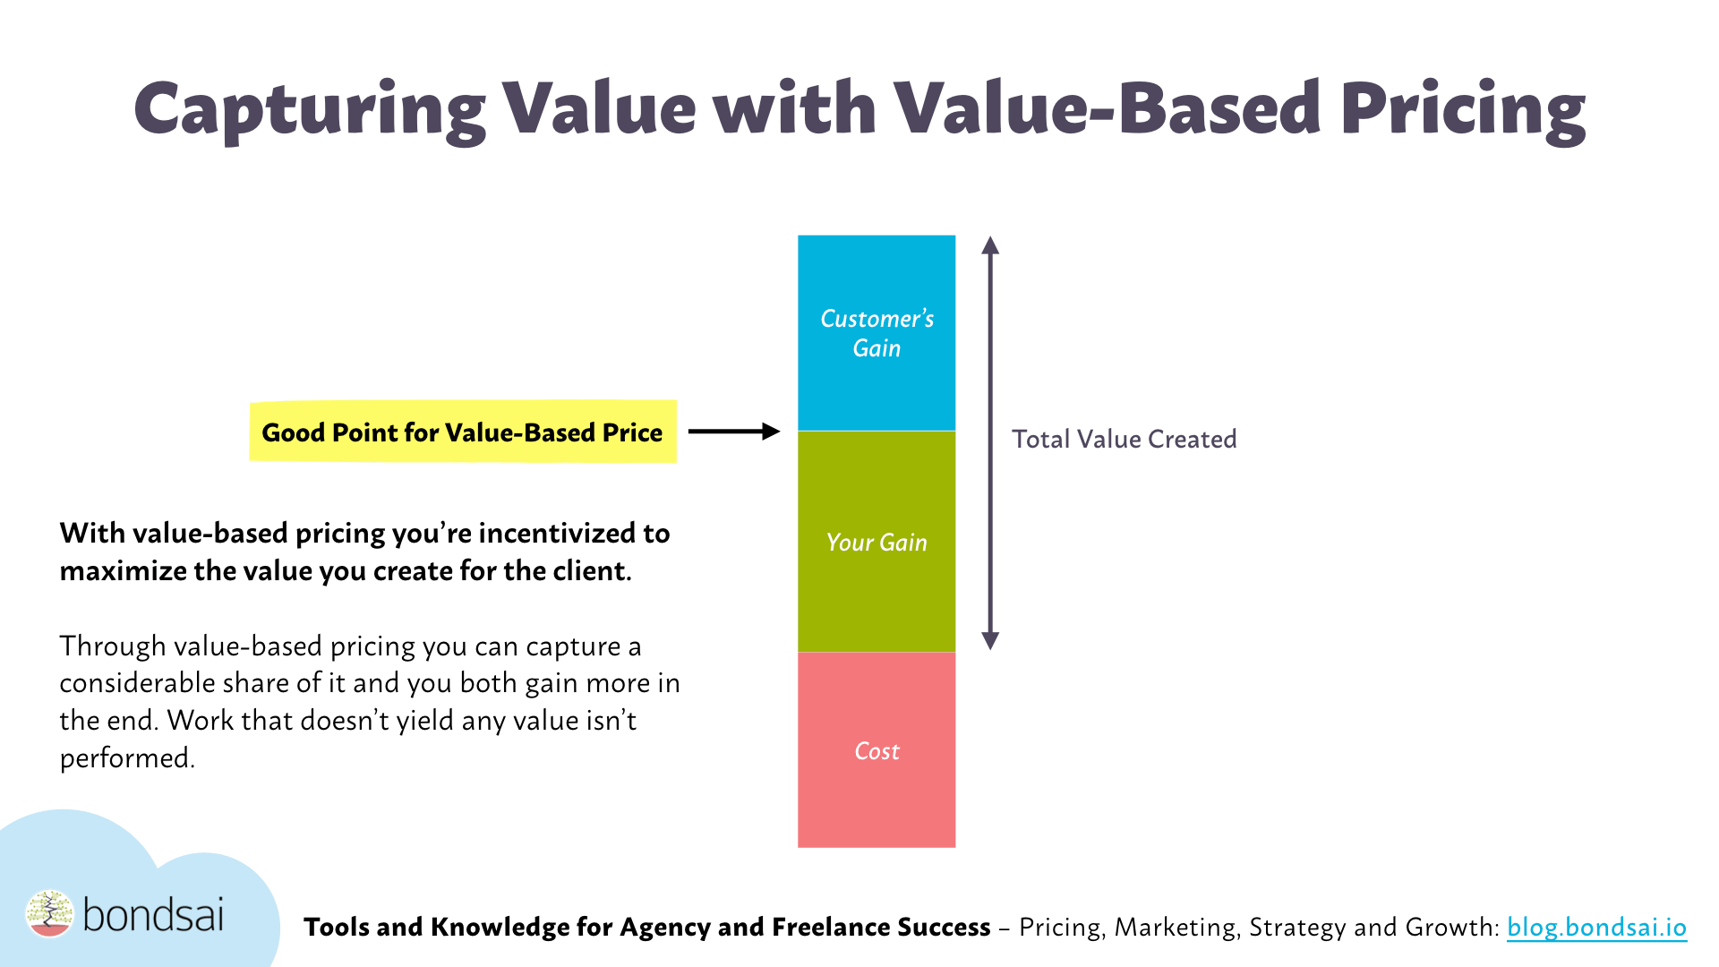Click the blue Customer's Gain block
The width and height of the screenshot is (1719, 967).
pos(877,333)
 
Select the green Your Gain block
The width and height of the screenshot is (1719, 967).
pos(877,542)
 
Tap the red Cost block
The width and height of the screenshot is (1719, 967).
pos(877,749)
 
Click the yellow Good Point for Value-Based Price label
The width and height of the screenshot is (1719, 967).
pos(462,432)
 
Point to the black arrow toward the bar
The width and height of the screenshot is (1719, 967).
pos(734,432)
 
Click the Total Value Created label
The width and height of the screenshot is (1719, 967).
pos(1125,439)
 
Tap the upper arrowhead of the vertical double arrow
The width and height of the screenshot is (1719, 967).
pos(990,245)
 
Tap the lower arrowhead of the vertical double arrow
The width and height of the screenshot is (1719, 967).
pos(990,640)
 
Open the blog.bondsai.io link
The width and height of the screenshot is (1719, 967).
pos(1596,927)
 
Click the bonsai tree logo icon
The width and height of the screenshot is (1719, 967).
pos(49,913)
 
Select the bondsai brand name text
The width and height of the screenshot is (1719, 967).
pos(153,915)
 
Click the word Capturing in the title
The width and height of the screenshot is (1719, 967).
pos(310,110)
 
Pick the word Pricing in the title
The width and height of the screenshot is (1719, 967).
pos(1463,110)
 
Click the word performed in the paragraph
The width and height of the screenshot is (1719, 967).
pos(127,758)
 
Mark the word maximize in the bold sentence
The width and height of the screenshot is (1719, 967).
pos(123,571)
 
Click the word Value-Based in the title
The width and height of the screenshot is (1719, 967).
pos(1107,109)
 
